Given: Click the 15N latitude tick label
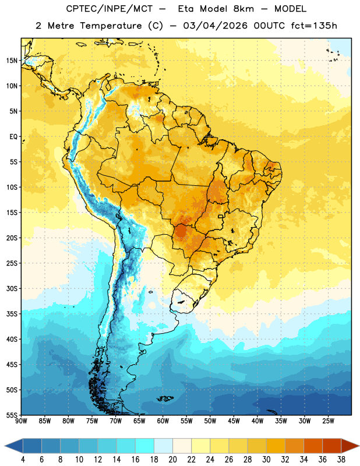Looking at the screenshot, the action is (x=12, y=61).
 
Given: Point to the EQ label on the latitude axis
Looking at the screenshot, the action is (x=13, y=137).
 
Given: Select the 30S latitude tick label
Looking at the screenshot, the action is (x=12, y=288).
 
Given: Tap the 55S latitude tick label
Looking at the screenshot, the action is (x=12, y=415).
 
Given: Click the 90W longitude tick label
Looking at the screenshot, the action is (x=21, y=421).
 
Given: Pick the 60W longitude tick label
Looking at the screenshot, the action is (x=163, y=421).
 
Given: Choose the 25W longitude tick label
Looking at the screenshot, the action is (x=328, y=421).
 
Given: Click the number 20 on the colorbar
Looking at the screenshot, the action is (x=172, y=460).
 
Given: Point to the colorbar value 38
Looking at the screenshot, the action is (x=341, y=460).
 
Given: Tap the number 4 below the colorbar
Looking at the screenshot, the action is (x=23, y=460).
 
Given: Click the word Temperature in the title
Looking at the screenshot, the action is (x=111, y=26).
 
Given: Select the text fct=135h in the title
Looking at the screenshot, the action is (x=314, y=26).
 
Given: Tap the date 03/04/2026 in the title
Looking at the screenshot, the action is (x=215, y=26).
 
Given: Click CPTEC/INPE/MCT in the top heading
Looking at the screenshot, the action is (x=109, y=9).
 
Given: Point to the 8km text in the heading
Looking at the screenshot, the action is (x=243, y=9).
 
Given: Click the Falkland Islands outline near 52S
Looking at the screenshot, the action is (x=165, y=398).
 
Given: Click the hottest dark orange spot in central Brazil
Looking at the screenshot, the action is (x=180, y=231).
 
